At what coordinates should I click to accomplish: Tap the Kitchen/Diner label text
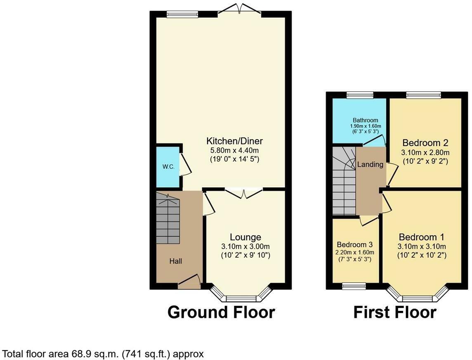(234, 141)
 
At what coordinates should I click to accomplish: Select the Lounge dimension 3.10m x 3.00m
(245, 246)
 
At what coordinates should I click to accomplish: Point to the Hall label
(175, 261)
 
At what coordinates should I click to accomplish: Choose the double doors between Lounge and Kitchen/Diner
(244, 192)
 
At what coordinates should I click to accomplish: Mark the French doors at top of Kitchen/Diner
(240, 10)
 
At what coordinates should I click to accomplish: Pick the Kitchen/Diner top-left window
(182, 14)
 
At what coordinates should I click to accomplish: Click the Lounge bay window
(241, 297)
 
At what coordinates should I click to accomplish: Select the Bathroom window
(360, 95)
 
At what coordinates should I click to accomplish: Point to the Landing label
(370, 164)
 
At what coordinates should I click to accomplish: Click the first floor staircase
(344, 182)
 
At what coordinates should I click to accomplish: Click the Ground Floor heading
(221, 312)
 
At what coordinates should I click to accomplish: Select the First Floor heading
(395, 312)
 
